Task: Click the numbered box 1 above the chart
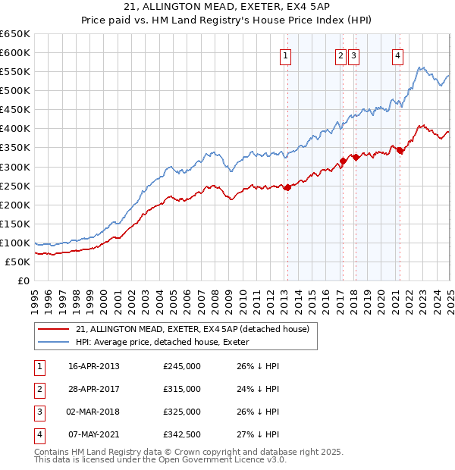pyautogui.click(x=285, y=55)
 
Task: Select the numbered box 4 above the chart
pyautogui.click(x=397, y=55)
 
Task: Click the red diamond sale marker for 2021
pyautogui.click(x=400, y=151)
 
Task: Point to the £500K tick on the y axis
pyautogui.click(x=14, y=90)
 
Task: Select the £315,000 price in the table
pyautogui.click(x=182, y=390)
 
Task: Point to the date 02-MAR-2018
pyautogui.click(x=94, y=412)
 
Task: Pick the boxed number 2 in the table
pyautogui.click(x=39, y=390)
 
